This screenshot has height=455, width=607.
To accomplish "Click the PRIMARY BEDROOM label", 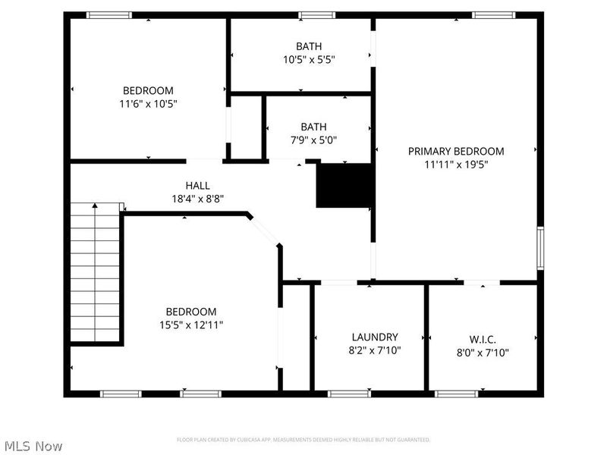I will tap(455, 151).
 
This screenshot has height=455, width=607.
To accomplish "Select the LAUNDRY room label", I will tap(375, 337).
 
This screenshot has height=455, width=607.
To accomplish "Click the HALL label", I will tap(198, 185).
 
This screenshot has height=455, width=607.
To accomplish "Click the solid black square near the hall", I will tap(344, 186).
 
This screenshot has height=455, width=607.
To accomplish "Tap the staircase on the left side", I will tap(96, 273).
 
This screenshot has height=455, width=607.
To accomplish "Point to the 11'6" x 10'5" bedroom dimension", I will tap(149, 103).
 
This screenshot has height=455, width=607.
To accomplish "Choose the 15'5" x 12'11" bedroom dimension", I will tap(191, 325).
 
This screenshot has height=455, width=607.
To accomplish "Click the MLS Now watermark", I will tap(34, 446).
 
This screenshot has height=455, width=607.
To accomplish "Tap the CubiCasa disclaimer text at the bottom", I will tap(303, 440).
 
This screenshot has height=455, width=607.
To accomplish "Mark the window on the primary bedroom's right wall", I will tap(540, 246).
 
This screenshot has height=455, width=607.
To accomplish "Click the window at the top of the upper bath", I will tap(316, 14).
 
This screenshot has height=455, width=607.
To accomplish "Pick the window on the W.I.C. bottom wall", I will tap(456, 394).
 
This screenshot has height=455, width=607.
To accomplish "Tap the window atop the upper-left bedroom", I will tap(109, 14).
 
